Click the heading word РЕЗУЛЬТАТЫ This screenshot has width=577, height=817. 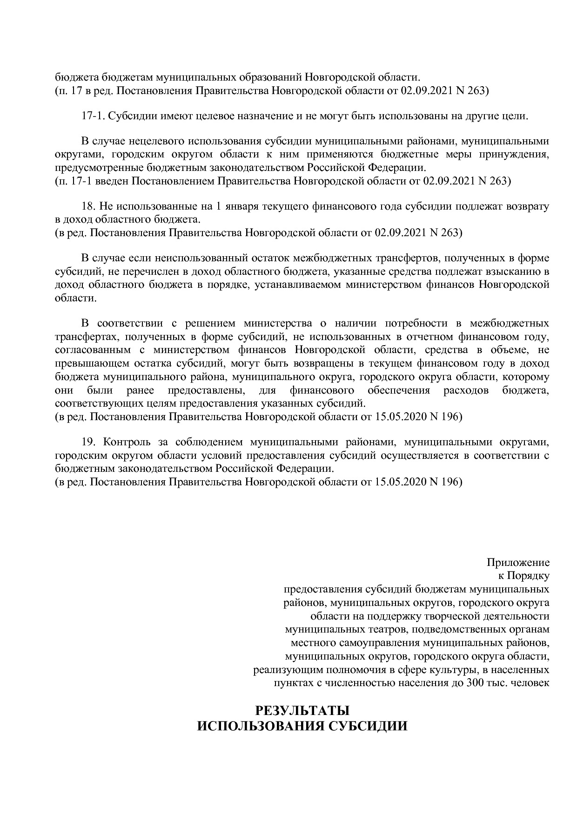click(x=302, y=711)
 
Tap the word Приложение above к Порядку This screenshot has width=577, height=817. click(x=518, y=562)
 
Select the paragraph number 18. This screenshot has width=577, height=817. click(x=88, y=206)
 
